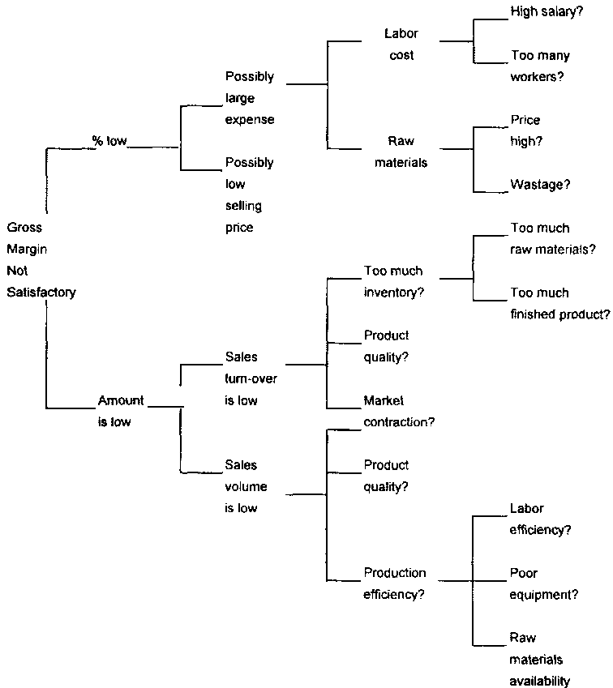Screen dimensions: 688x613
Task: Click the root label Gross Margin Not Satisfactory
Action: (x=41, y=260)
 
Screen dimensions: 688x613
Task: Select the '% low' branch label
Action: (x=109, y=141)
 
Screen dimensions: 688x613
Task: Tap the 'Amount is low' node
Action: (x=121, y=411)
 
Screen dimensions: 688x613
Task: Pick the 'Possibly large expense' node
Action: (x=250, y=98)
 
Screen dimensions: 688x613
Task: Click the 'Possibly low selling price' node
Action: (x=250, y=195)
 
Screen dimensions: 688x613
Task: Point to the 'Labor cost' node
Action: (x=401, y=45)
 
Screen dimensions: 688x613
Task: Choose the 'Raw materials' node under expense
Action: (x=401, y=152)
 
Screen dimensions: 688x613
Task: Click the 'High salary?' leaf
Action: (x=541, y=12)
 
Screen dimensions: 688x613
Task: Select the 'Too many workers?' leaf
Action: (x=540, y=66)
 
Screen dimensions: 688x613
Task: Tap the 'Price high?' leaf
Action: (x=525, y=130)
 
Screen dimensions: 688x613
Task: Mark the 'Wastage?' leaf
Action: (x=540, y=185)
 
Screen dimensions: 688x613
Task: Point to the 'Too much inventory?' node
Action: (x=394, y=281)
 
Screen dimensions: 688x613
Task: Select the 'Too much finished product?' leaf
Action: (x=559, y=303)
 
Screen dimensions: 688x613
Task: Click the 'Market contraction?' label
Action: (x=399, y=411)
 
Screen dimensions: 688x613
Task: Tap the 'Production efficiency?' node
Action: (x=395, y=583)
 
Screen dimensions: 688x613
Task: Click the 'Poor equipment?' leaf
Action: (x=543, y=583)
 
